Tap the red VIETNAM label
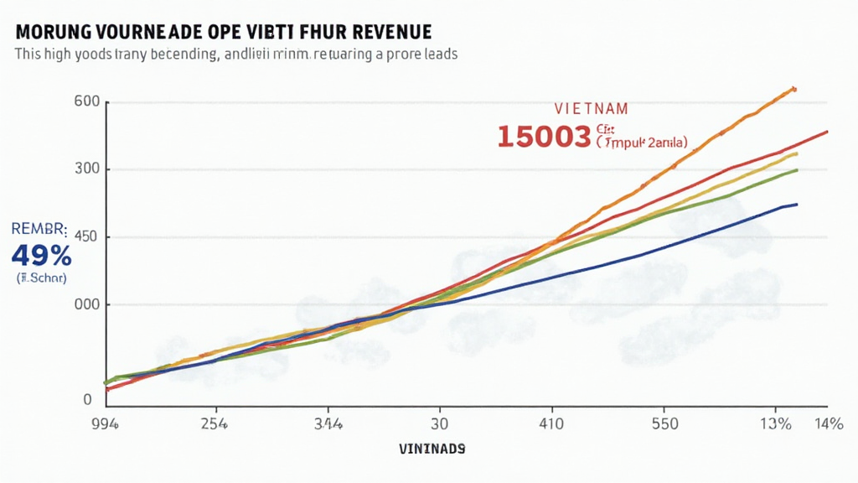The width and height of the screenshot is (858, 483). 591,109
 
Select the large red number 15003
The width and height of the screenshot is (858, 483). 544,136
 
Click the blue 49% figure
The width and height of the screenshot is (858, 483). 40,255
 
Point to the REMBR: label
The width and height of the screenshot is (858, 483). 39,227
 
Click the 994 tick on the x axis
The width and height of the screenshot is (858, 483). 105,423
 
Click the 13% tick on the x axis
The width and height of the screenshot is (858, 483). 776,423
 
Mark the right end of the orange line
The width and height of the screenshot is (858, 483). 793,88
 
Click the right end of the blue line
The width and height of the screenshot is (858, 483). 796,204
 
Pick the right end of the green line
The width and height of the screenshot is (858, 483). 796,170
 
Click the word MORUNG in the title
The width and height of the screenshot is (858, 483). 51,33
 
